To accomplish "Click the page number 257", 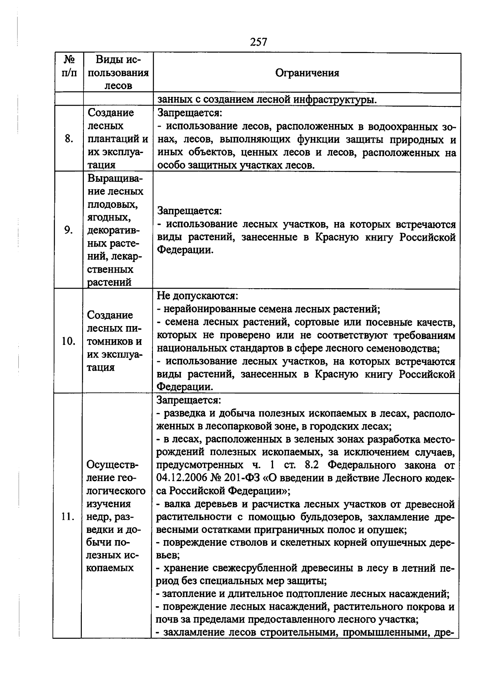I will (258, 42).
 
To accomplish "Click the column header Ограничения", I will (307, 73).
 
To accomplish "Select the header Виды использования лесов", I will (118, 73).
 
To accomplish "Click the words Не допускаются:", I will (197, 296).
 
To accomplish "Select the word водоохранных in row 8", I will (400, 126).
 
